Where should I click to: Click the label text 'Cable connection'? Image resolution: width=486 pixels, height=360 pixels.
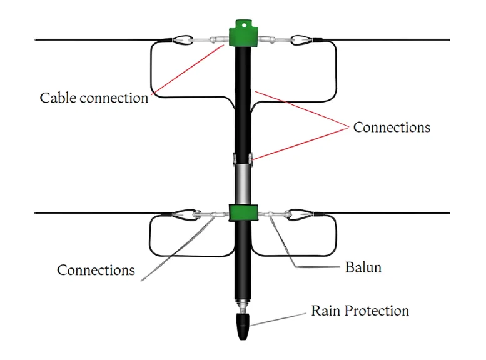pyautogui.click(x=94, y=98)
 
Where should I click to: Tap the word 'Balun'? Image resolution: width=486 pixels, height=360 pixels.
pyautogui.click(x=363, y=267)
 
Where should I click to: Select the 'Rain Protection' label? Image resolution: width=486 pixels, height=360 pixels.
pyautogui.click(x=360, y=311)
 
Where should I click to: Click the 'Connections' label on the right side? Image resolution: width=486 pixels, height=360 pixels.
pyautogui.click(x=392, y=127)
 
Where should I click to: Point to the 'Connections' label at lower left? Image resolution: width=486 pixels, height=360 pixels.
pyautogui.click(x=96, y=270)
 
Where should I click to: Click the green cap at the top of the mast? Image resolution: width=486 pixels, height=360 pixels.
pyautogui.click(x=243, y=33)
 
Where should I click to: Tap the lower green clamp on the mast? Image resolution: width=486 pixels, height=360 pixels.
pyautogui.click(x=243, y=212)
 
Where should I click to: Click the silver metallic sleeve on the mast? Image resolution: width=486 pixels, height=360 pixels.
pyautogui.click(x=243, y=184)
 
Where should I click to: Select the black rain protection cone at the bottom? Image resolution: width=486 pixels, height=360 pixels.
pyautogui.click(x=243, y=326)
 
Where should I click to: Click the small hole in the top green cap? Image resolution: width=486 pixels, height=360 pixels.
pyautogui.click(x=244, y=26)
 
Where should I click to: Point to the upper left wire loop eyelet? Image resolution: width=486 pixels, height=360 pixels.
pyautogui.click(x=183, y=40)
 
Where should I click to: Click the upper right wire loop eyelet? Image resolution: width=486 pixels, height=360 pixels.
pyautogui.click(x=301, y=40)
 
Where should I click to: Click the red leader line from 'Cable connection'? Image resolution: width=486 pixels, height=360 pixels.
pyautogui.click(x=188, y=69)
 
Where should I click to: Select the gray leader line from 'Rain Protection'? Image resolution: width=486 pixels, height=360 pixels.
pyautogui.click(x=278, y=319)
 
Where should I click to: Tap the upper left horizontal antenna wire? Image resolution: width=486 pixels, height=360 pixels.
pyautogui.click(x=99, y=39)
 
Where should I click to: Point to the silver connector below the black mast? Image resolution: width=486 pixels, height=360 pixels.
pyautogui.click(x=243, y=306)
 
